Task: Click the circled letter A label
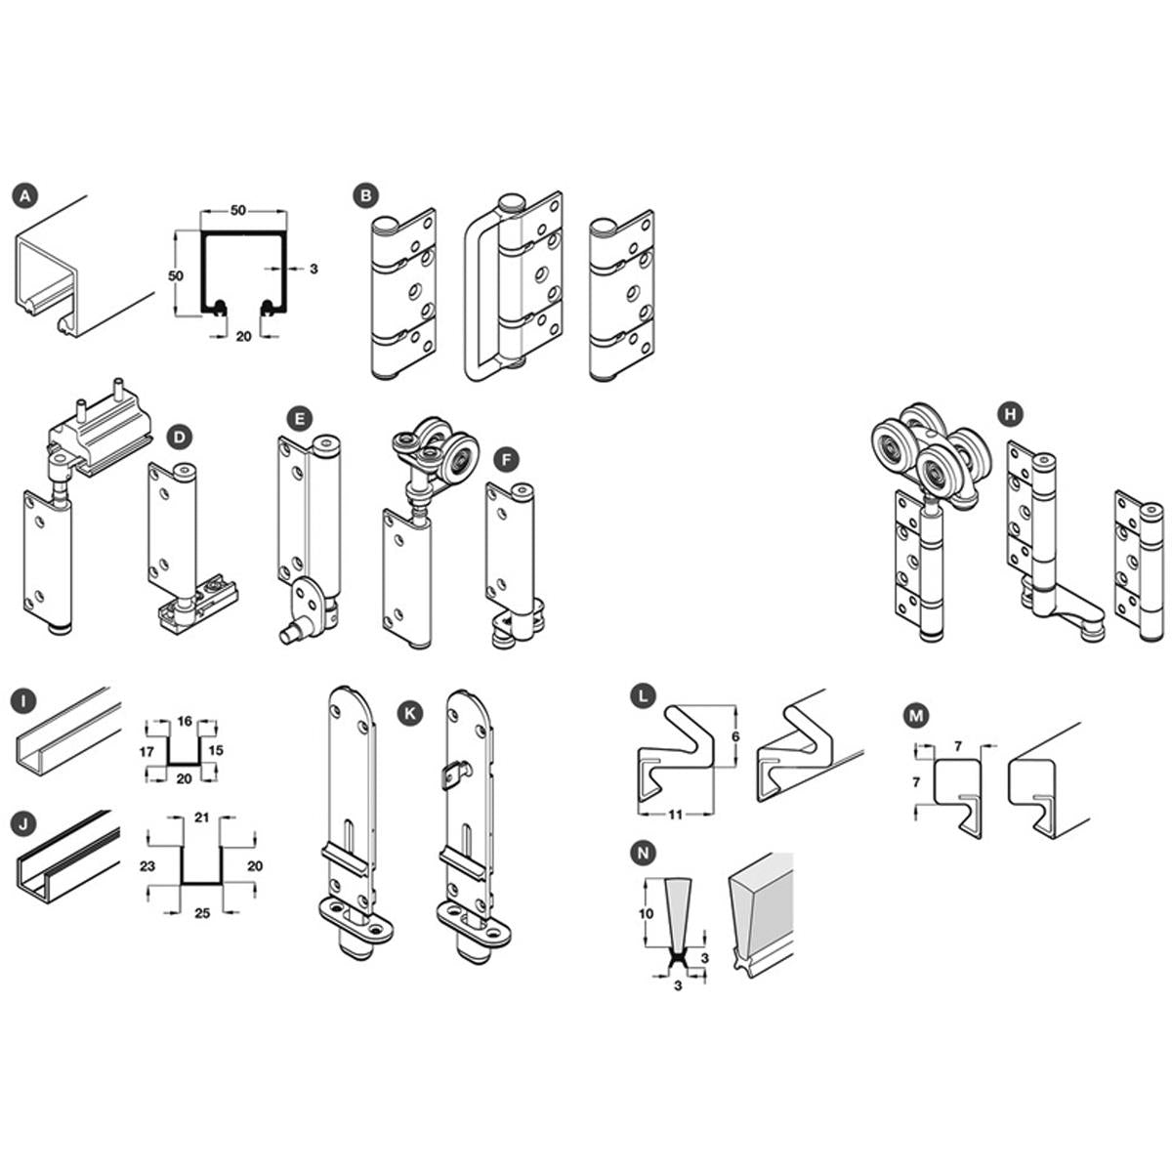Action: click(25, 196)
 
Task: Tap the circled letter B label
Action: click(365, 196)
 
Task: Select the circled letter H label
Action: click(1011, 415)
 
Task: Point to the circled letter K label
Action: click(409, 714)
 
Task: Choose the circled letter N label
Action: click(643, 854)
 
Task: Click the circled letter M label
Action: click(916, 717)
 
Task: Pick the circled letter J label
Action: click(23, 823)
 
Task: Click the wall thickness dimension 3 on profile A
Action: click(314, 269)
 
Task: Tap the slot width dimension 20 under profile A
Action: click(243, 336)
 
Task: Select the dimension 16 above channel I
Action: click(185, 722)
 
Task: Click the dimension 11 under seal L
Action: click(675, 815)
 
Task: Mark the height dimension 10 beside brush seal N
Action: click(646, 913)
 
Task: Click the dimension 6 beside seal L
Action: click(735, 736)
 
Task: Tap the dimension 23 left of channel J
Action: click(147, 865)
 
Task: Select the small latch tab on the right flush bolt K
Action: click(454, 775)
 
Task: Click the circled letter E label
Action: click(299, 419)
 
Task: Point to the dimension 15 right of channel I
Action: click(216, 750)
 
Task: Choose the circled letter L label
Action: click(643, 696)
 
